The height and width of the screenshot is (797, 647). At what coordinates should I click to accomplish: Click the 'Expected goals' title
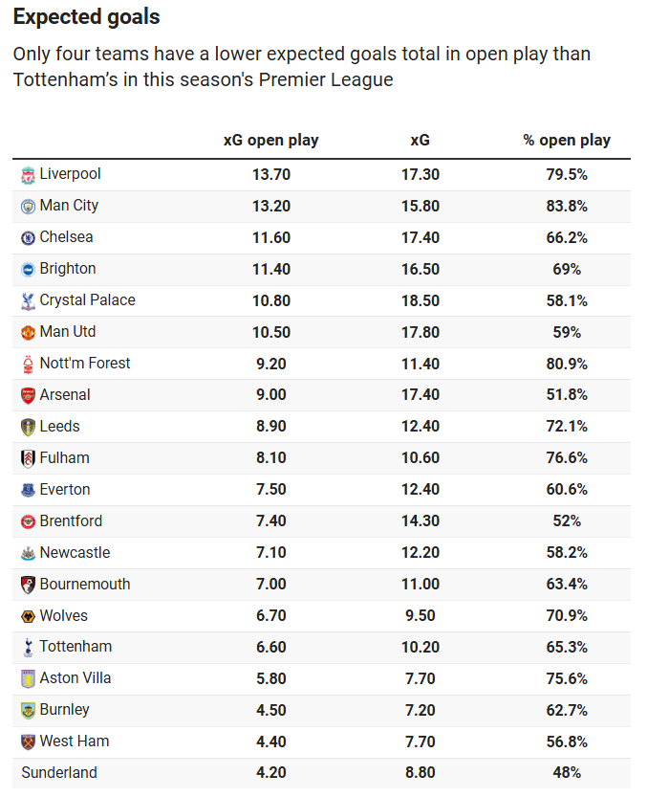click(87, 17)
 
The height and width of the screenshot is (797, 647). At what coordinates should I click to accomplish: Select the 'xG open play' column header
click(270, 140)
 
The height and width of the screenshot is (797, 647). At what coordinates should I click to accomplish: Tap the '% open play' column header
click(567, 140)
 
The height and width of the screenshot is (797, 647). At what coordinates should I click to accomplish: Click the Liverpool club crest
click(28, 174)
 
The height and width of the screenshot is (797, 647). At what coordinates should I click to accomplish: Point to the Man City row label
click(69, 206)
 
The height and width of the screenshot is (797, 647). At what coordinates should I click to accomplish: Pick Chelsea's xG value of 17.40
click(420, 237)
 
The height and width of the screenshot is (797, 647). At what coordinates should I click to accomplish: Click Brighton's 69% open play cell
click(567, 269)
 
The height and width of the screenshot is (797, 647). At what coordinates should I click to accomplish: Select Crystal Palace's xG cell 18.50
click(420, 300)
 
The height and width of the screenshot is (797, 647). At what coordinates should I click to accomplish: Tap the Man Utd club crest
click(28, 332)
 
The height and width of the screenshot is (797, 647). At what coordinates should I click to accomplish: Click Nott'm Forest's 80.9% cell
click(567, 364)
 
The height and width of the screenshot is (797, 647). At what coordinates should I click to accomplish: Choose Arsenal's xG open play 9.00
click(270, 395)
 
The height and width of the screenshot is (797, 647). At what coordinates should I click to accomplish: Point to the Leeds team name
click(59, 427)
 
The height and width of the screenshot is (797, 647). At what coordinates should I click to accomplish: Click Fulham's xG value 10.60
click(420, 458)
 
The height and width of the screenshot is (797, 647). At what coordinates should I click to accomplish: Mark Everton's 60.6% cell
click(567, 490)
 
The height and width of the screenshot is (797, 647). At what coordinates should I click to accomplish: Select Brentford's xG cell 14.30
click(420, 521)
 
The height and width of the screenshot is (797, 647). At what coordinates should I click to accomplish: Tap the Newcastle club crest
click(28, 553)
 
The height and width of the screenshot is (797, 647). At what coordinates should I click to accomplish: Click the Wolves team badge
click(28, 616)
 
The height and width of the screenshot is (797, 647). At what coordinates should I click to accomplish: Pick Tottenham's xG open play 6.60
click(270, 647)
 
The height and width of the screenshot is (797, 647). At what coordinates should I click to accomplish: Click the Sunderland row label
click(58, 773)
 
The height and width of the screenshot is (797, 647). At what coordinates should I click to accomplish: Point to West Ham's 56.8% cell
click(567, 742)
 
